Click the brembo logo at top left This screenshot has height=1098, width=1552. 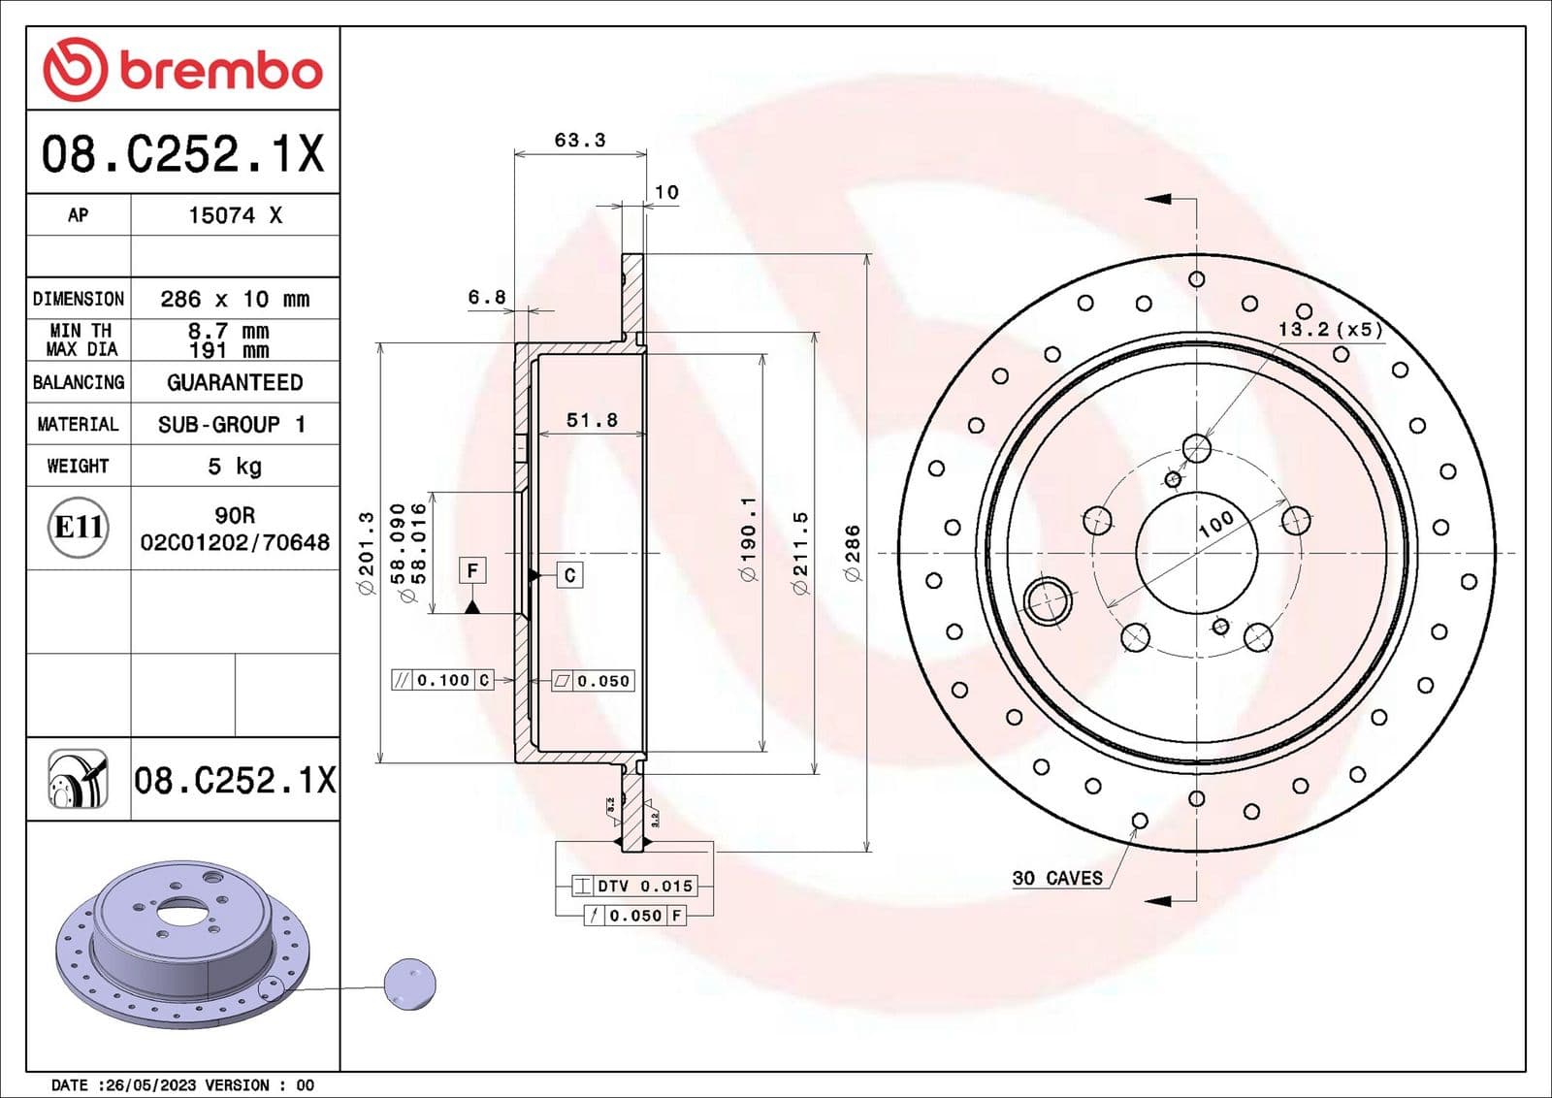[182, 70]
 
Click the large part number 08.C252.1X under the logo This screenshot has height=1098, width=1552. [182, 154]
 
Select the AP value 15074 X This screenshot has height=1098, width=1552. [235, 215]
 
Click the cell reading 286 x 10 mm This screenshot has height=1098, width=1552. [235, 299]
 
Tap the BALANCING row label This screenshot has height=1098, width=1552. [79, 382]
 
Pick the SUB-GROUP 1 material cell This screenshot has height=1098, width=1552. [233, 424]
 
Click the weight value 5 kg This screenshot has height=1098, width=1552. [235, 467]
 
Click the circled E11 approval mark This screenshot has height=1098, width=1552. [79, 527]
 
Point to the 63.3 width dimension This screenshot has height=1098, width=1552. [580, 141]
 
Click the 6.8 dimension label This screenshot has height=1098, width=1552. [487, 297]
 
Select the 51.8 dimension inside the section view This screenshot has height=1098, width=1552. [592, 420]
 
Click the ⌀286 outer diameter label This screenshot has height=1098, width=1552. [853, 553]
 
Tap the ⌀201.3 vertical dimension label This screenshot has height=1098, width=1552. [367, 553]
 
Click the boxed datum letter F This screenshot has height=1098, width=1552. [472, 570]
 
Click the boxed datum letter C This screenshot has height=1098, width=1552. [569, 575]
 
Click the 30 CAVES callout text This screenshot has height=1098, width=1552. [1057, 878]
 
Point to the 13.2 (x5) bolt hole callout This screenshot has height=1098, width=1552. [1330, 329]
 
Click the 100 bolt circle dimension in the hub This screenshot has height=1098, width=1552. [1215, 524]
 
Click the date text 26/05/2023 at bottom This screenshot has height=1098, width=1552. [147, 1085]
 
